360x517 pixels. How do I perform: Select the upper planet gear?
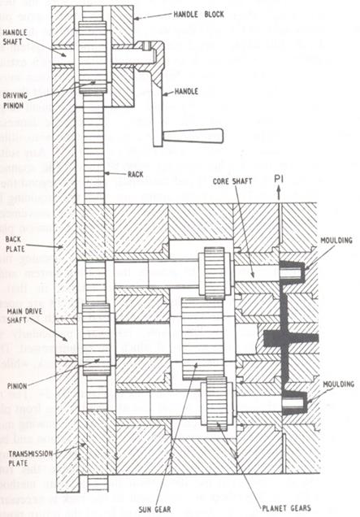[x=215, y=275]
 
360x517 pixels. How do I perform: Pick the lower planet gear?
[x=215, y=401]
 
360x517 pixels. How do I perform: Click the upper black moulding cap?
[x=296, y=274]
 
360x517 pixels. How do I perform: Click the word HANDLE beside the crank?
[x=189, y=92]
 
